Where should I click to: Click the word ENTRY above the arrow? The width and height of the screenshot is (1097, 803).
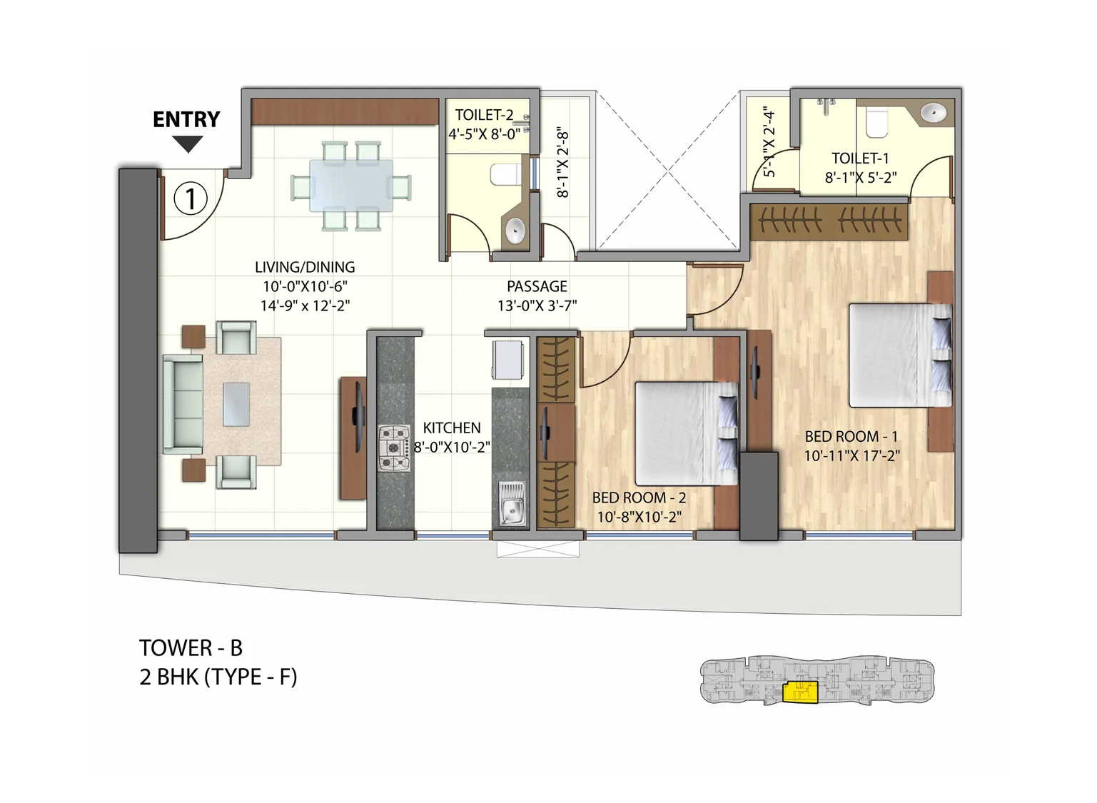186,119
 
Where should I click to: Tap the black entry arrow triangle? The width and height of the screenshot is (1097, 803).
188,145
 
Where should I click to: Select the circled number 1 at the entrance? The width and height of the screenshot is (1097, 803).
191,198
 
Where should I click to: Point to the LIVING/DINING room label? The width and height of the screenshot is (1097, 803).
305,267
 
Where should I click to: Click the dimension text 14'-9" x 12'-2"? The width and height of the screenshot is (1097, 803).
305,305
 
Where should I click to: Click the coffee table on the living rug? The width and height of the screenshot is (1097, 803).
236,404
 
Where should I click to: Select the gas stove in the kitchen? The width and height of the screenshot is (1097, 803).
394,448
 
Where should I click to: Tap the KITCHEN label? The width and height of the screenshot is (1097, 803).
452,428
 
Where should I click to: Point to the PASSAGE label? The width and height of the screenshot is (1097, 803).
537,286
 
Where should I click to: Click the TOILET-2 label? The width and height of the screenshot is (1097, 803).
484,115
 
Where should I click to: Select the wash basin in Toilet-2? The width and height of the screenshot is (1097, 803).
515,231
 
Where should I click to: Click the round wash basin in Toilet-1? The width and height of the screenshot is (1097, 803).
933,113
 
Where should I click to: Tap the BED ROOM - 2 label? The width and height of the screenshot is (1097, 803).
639,498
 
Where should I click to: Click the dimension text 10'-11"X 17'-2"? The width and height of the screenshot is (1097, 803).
851,455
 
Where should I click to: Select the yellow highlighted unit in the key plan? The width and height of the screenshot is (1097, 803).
799,692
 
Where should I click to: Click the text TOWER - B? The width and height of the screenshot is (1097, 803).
191,647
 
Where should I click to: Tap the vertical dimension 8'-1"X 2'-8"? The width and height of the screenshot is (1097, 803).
562,163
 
